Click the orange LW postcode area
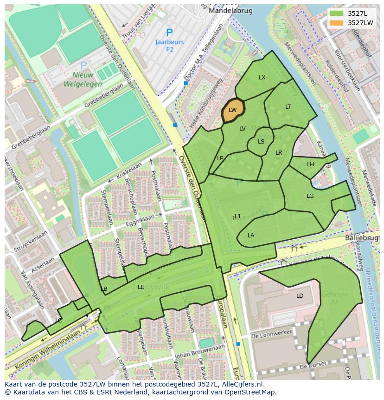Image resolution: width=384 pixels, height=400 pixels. tap(233, 111)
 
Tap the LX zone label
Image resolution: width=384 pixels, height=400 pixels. tap(262, 78)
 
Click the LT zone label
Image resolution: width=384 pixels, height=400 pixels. tap(288, 107)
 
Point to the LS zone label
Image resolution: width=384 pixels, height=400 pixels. tap(261, 142)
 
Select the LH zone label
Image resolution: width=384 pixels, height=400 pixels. tap(310, 164)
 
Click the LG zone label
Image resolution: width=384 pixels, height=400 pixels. tap(310, 196)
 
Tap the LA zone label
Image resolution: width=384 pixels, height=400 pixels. tap(251, 236)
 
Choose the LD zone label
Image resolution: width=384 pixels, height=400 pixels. tap(300, 296)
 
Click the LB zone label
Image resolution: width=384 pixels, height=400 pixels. tap(104, 289)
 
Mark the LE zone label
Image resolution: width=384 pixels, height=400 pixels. tap(141, 287)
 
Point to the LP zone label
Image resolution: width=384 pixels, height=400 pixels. tap(220, 158)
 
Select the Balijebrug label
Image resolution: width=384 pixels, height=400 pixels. tap(362, 238)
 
